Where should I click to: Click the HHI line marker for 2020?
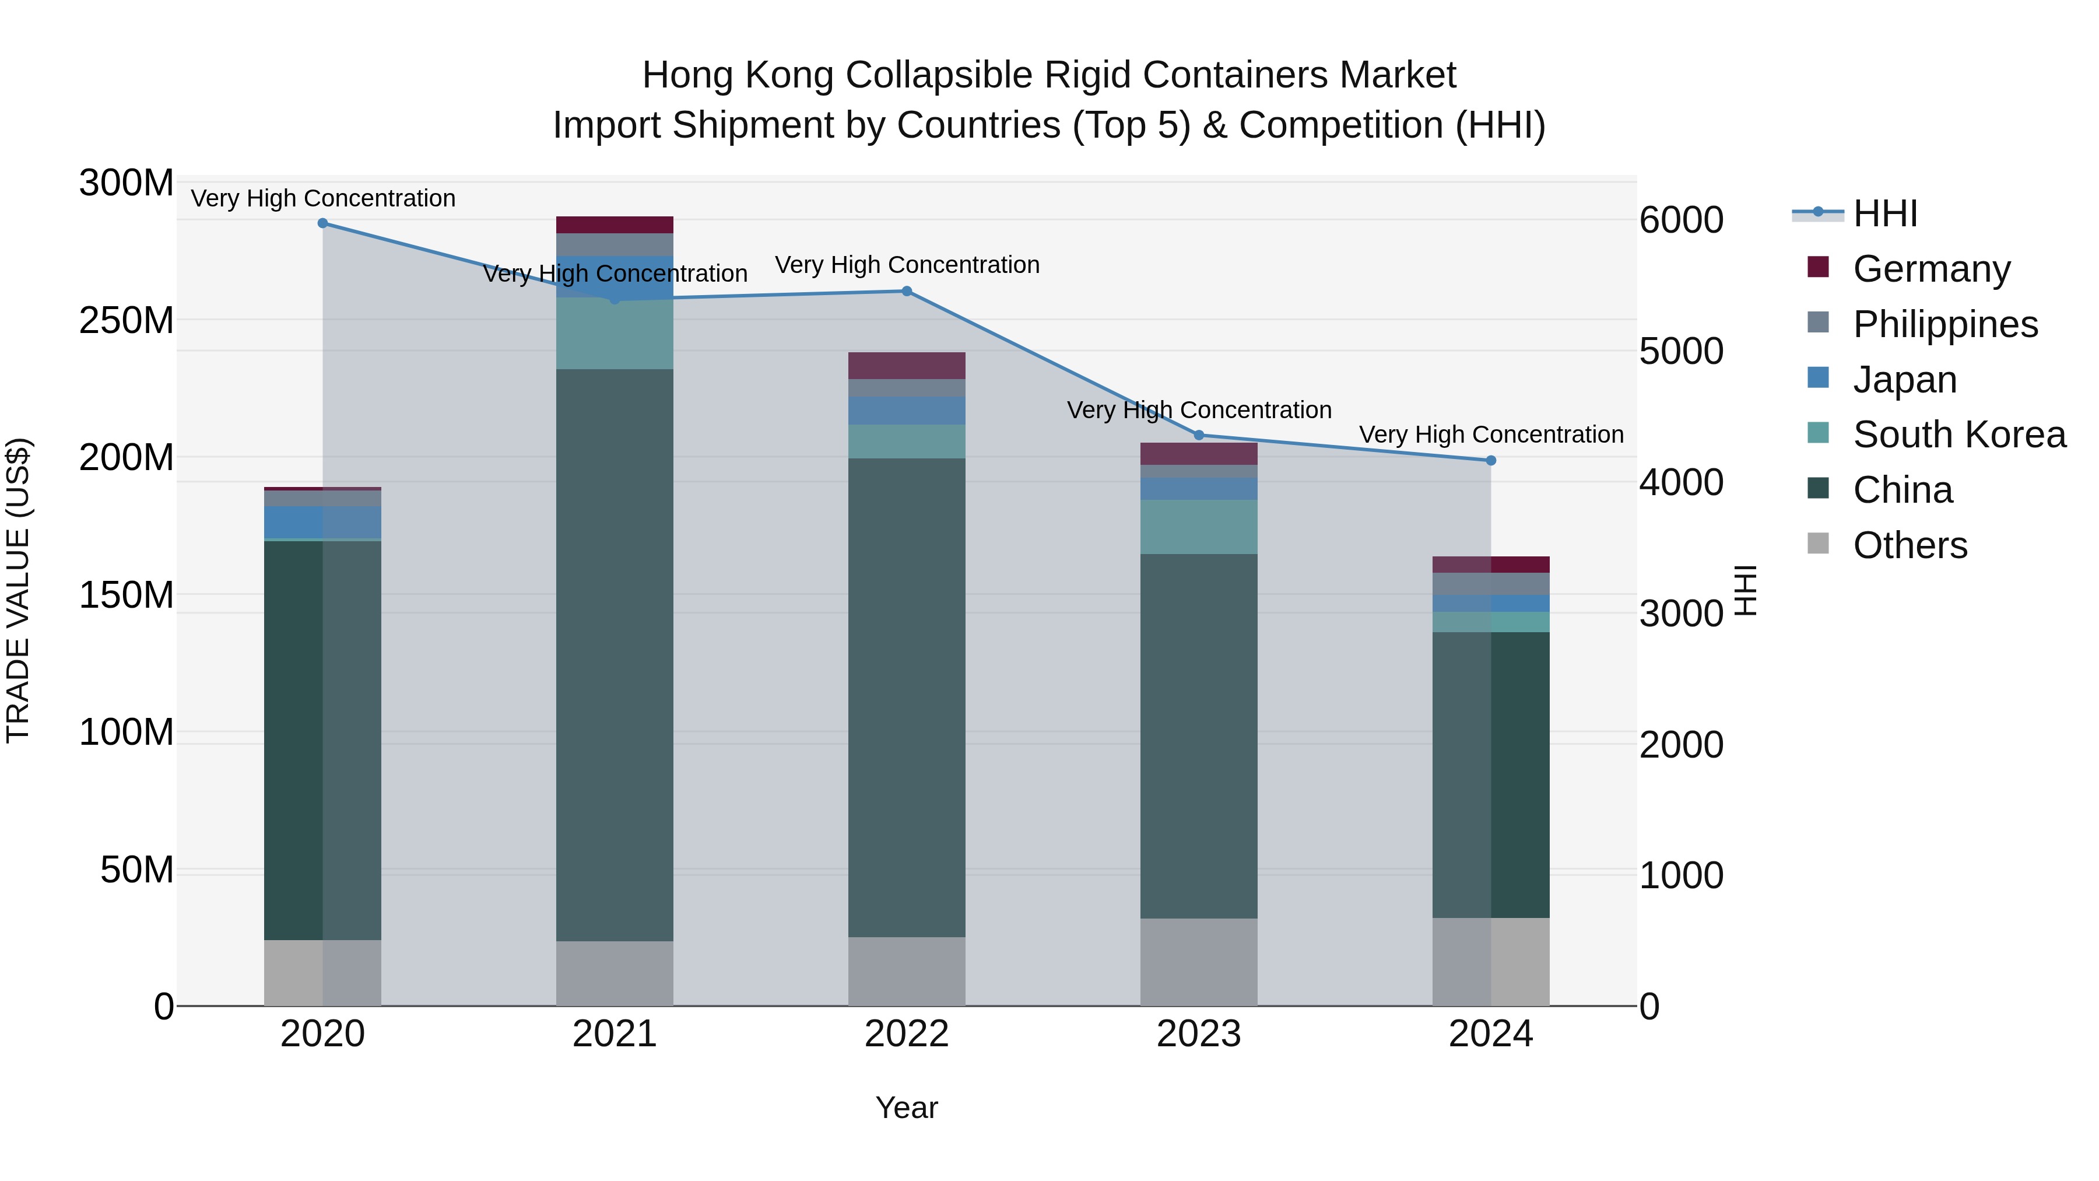coord(322,223)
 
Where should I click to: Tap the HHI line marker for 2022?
coord(907,291)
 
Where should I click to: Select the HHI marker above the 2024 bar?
coord(1491,461)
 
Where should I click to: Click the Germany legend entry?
coord(1931,269)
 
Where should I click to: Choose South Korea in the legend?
coord(1959,434)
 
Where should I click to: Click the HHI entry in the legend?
coord(1884,213)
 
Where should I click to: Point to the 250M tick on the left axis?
coord(127,320)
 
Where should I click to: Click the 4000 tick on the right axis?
coord(1681,482)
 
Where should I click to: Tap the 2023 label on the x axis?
coord(1199,1034)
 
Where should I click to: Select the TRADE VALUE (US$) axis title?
coord(19,590)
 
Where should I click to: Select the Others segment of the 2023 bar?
coord(1199,962)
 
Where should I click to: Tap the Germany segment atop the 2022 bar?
coord(907,365)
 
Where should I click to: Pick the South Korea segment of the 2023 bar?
coord(1199,527)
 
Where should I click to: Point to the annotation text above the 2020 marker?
coord(322,198)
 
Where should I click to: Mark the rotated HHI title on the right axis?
coord(1745,590)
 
